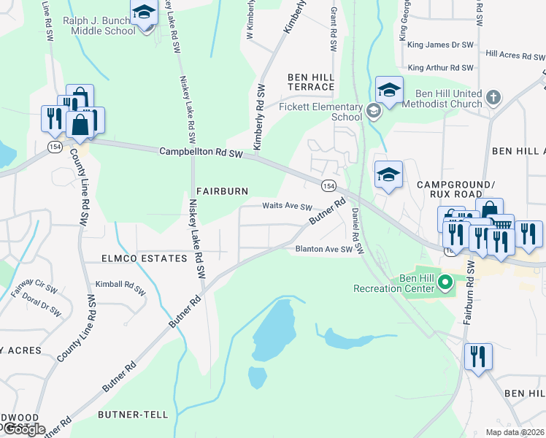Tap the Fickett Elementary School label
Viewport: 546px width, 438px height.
click(x=320, y=111)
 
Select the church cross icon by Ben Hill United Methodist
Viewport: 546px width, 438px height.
click(x=493, y=97)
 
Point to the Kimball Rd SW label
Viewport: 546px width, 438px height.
click(x=120, y=284)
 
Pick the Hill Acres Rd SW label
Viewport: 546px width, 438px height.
click(x=514, y=54)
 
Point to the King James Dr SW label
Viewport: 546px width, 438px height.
click(x=441, y=45)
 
